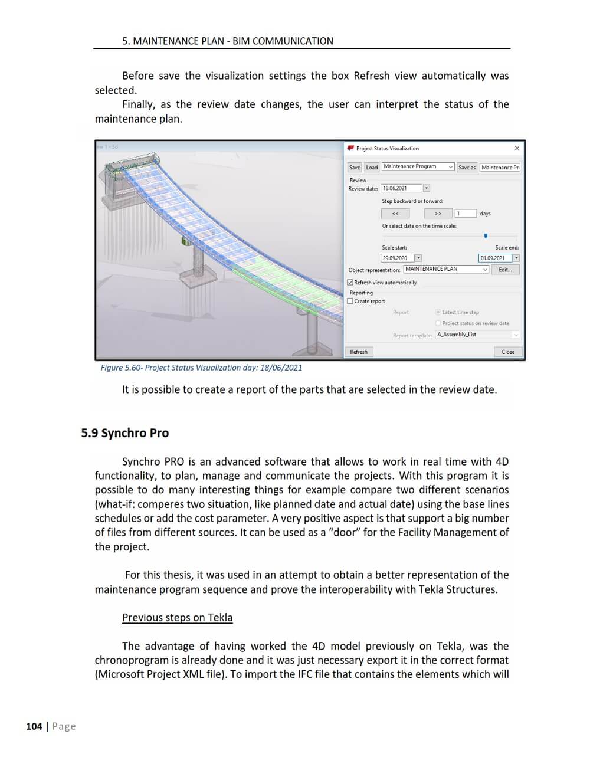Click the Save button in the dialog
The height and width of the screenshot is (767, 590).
354,168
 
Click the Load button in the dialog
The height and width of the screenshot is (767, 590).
372,168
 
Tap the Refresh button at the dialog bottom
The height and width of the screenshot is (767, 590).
359,352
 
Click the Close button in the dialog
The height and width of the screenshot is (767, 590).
508,352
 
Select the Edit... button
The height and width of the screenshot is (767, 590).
505,270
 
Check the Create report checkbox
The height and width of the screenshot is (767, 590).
350,301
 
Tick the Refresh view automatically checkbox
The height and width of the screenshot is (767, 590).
350,283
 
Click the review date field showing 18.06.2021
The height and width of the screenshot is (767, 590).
401,188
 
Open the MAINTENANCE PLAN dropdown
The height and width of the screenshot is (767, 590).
447,269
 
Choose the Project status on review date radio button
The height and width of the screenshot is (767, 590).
438,323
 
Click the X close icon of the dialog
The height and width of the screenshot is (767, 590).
517,148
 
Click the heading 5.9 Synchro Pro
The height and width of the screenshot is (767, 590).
125,433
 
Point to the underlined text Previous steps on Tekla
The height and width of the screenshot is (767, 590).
177,618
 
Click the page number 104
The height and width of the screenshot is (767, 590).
34,726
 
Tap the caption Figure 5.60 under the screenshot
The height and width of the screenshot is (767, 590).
201,368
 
